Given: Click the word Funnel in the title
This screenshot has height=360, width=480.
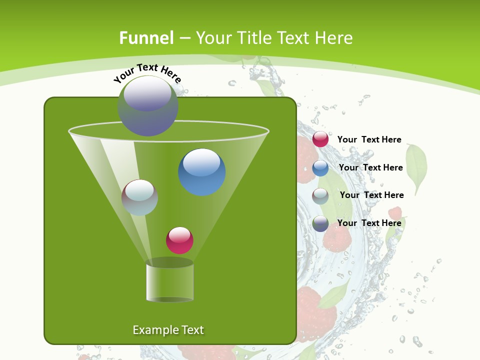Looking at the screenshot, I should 146,37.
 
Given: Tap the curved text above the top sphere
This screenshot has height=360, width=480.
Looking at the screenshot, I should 147,73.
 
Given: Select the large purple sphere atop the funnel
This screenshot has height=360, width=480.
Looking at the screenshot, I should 147,106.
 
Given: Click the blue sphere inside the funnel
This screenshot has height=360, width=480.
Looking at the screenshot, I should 202,172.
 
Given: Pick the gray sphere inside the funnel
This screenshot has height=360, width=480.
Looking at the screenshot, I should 139,197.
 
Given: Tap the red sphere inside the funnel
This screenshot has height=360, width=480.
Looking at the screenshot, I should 179,240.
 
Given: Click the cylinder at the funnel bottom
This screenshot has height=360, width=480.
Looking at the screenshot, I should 169,281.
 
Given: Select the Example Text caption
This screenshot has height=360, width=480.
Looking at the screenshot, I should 168,330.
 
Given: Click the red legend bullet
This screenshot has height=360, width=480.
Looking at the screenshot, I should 320,139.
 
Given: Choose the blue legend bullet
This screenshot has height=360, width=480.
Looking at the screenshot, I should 320,168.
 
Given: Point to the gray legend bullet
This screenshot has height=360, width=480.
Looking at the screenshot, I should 320,196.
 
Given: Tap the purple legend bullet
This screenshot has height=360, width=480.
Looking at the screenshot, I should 320,223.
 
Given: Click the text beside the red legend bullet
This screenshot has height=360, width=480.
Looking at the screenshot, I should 369,140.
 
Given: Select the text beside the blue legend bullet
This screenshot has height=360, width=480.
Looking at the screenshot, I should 370,167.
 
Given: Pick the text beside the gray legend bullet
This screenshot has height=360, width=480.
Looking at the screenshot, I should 371,195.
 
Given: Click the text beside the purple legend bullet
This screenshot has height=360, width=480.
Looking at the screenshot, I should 369,223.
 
